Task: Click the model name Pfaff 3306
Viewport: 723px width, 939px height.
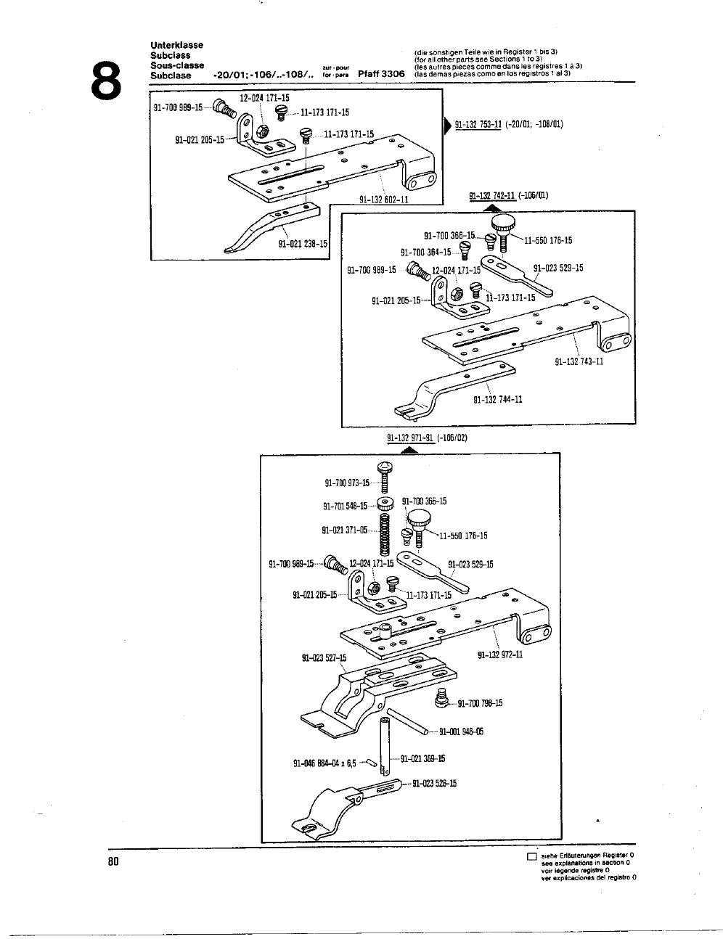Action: [381, 75]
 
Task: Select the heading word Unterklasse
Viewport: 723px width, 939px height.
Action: [176, 45]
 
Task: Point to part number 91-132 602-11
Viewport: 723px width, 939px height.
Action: [384, 200]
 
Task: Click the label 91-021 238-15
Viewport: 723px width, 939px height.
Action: [303, 244]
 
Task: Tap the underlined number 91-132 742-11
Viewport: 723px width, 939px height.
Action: [491, 196]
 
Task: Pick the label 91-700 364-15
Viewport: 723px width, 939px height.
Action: [425, 253]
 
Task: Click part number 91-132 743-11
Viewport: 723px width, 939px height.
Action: [579, 362]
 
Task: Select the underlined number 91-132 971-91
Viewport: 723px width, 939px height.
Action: [410, 438]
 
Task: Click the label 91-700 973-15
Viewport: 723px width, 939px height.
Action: [347, 483]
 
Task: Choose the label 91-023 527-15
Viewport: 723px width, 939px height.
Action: [324, 658]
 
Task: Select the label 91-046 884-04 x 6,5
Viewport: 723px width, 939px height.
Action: [324, 763]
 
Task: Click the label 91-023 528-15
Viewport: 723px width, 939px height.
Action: [434, 783]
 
